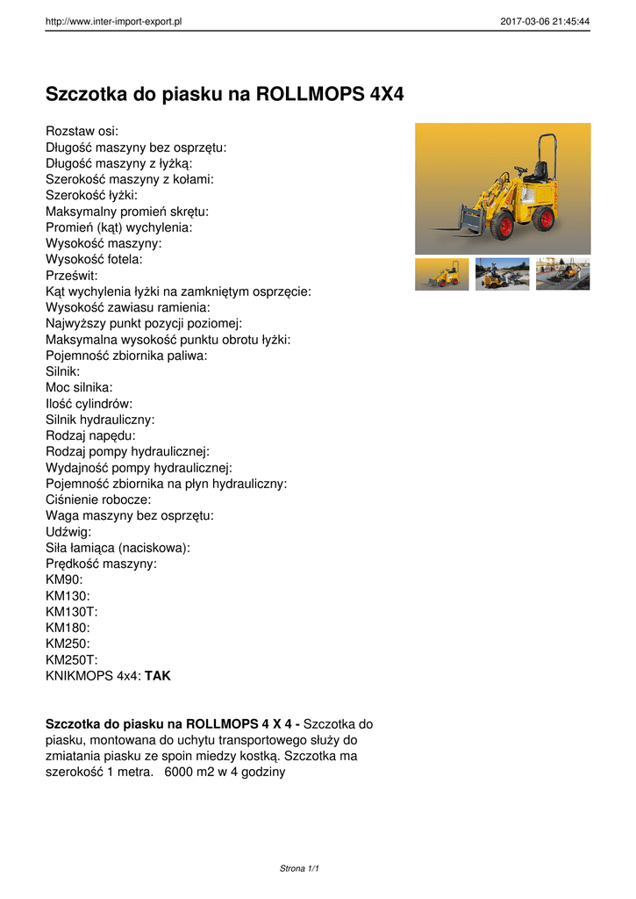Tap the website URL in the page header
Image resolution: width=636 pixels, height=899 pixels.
point(113,21)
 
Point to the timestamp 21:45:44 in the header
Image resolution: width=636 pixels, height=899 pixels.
point(569,21)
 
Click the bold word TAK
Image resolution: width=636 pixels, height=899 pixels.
point(158,676)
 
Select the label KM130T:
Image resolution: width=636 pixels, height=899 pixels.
point(71,611)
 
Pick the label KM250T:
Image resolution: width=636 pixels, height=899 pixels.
point(71,659)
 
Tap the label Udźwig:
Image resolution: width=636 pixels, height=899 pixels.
point(68,531)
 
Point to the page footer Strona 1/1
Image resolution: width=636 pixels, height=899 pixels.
point(299,868)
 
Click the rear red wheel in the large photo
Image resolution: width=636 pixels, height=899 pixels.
point(547,219)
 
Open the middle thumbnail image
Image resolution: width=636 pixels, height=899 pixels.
point(502,274)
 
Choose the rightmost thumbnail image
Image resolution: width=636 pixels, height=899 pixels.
point(562,274)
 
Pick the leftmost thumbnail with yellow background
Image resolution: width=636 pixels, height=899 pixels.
point(442,274)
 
